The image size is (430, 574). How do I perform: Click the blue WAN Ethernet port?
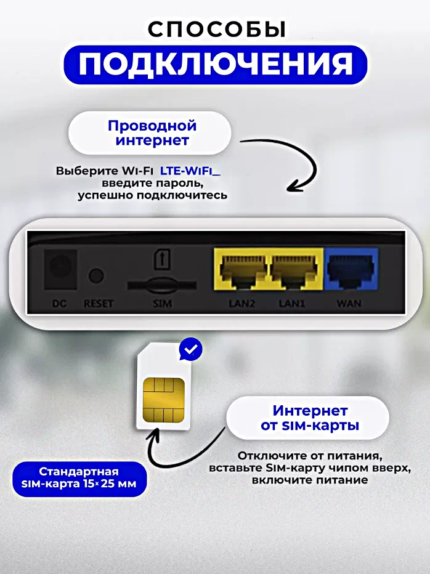(351, 269)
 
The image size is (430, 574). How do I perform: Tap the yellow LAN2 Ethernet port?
(241, 269)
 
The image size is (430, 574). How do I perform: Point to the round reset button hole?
(96, 276)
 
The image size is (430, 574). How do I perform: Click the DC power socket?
(60, 269)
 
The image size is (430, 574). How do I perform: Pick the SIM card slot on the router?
(162, 285)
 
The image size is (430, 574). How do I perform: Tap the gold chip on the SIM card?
(164, 400)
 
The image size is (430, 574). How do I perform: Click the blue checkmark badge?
(191, 349)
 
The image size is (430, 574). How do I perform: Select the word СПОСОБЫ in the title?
(216, 30)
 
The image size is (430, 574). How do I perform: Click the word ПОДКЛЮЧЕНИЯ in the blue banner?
(216, 65)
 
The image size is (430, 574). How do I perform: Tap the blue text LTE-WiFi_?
(190, 171)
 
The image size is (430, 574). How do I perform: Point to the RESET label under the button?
(98, 304)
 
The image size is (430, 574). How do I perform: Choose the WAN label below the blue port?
(349, 304)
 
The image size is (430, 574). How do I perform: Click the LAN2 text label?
(241, 304)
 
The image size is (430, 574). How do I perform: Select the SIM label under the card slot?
(162, 304)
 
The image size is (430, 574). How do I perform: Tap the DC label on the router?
(59, 304)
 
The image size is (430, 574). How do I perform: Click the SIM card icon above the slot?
(162, 259)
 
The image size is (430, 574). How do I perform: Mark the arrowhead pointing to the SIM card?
(154, 435)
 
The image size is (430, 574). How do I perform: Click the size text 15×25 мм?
(110, 483)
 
